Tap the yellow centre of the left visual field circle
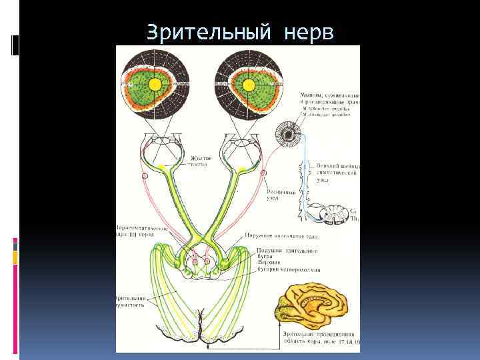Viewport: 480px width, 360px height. pyautogui.click(x=155, y=84)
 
